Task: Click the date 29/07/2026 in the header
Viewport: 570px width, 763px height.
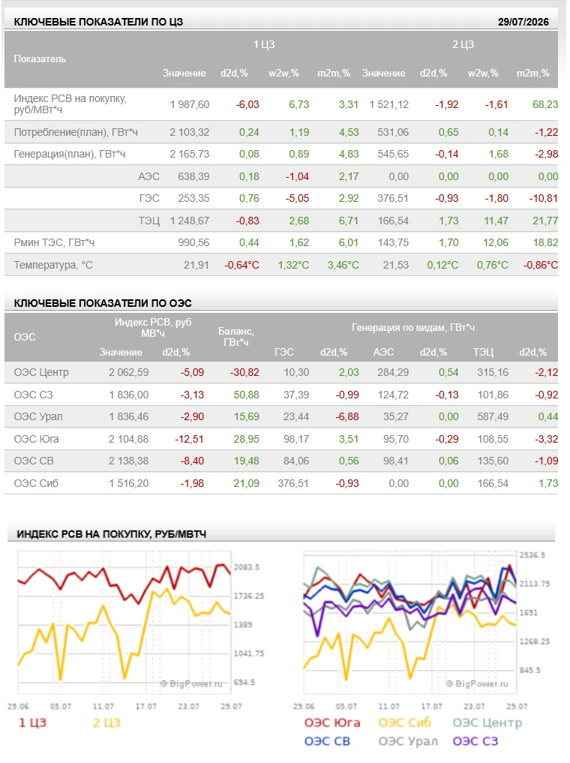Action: point(523,22)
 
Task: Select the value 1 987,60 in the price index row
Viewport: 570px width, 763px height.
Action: point(190,104)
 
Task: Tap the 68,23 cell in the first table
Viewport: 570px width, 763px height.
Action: point(545,104)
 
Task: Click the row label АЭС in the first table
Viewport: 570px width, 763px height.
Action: point(148,176)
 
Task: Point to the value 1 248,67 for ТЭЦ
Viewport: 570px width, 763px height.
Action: point(190,221)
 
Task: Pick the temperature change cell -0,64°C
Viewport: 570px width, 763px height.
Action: point(241,265)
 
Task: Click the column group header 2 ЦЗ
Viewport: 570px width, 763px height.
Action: point(463,45)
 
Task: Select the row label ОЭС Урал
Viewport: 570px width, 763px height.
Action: point(38,417)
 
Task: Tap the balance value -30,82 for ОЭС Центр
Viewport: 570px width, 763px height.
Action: point(244,373)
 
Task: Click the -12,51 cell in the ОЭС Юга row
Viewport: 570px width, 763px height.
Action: point(190,440)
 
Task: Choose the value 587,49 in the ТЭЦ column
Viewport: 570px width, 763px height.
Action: point(493,417)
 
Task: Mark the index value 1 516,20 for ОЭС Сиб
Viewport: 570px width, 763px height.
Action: point(129,484)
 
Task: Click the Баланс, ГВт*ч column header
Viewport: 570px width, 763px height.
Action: point(236,337)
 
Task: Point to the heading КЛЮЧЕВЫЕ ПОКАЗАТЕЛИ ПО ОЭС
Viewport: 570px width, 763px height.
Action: point(103,303)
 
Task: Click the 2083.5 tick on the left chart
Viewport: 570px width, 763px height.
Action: point(247,567)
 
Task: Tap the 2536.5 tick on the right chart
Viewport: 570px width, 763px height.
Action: point(532,555)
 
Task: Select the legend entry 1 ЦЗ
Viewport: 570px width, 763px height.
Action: point(32,723)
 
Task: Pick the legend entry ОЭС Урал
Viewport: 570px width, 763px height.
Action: point(408,741)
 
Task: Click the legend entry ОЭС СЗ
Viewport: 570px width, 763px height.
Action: point(475,741)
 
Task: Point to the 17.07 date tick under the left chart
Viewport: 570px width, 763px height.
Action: point(146,707)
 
